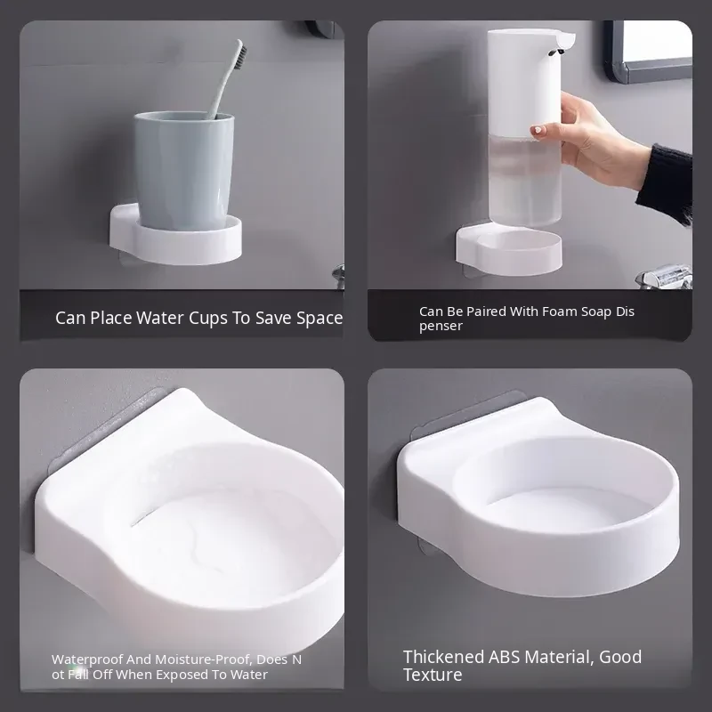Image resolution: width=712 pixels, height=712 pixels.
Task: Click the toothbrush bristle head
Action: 239,56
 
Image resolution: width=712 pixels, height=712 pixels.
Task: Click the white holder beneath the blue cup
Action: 175,237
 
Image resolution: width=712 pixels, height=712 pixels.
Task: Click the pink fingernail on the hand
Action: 538,131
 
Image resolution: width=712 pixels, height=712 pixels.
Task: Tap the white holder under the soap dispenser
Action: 509,251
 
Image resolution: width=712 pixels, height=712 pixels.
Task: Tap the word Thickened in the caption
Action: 443,657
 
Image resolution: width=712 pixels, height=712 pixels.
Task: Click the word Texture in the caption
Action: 433,675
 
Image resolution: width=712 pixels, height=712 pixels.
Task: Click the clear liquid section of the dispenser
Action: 525,182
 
